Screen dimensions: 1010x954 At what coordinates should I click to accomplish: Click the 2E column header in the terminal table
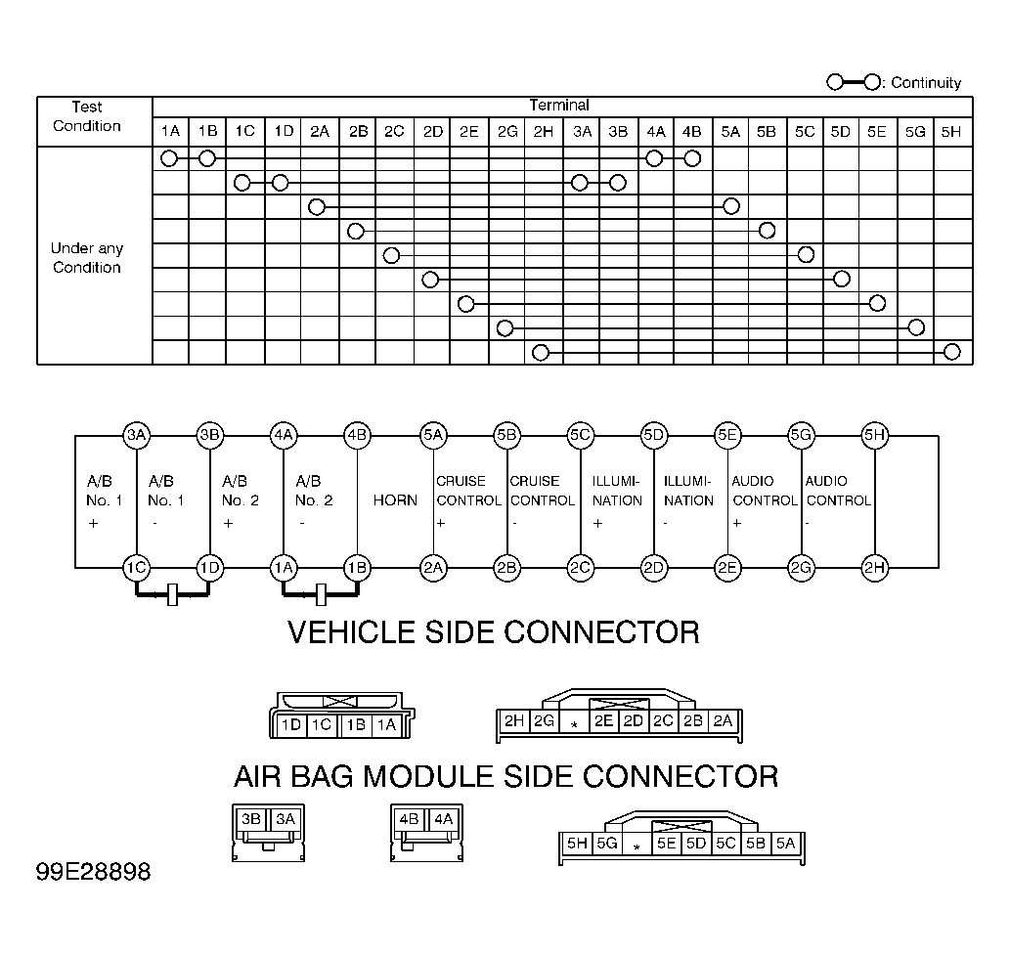(x=469, y=132)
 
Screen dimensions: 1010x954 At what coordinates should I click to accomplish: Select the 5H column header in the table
(x=951, y=132)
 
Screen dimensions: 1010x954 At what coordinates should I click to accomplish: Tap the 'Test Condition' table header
(x=87, y=116)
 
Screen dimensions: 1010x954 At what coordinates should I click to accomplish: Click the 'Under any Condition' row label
(x=87, y=258)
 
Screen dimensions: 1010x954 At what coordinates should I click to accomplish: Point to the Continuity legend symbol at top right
(x=855, y=82)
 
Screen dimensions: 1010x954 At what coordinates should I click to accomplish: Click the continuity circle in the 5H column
(x=952, y=352)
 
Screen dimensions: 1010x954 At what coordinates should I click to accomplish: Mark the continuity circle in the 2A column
(x=316, y=207)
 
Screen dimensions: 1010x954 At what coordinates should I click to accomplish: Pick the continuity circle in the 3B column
(x=617, y=183)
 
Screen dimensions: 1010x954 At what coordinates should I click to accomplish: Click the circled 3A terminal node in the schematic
(x=137, y=435)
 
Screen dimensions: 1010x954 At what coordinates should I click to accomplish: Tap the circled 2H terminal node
(x=875, y=568)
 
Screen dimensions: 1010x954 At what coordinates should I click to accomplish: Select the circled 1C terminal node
(x=137, y=568)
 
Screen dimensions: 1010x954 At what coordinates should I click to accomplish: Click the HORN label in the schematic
(x=395, y=500)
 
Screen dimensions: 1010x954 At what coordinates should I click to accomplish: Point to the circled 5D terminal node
(x=654, y=435)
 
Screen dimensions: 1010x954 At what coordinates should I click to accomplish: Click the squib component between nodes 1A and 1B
(x=321, y=594)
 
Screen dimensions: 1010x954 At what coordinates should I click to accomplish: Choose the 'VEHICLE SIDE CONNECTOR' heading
(x=494, y=632)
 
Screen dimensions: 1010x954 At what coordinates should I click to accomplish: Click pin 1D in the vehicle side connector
(x=291, y=725)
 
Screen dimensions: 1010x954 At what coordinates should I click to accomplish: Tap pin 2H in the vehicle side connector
(x=514, y=720)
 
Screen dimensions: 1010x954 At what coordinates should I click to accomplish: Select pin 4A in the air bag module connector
(x=444, y=819)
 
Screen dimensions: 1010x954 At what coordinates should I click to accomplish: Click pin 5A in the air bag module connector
(x=786, y=844)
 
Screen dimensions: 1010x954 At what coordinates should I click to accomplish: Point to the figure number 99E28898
(x=94, y=872)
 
